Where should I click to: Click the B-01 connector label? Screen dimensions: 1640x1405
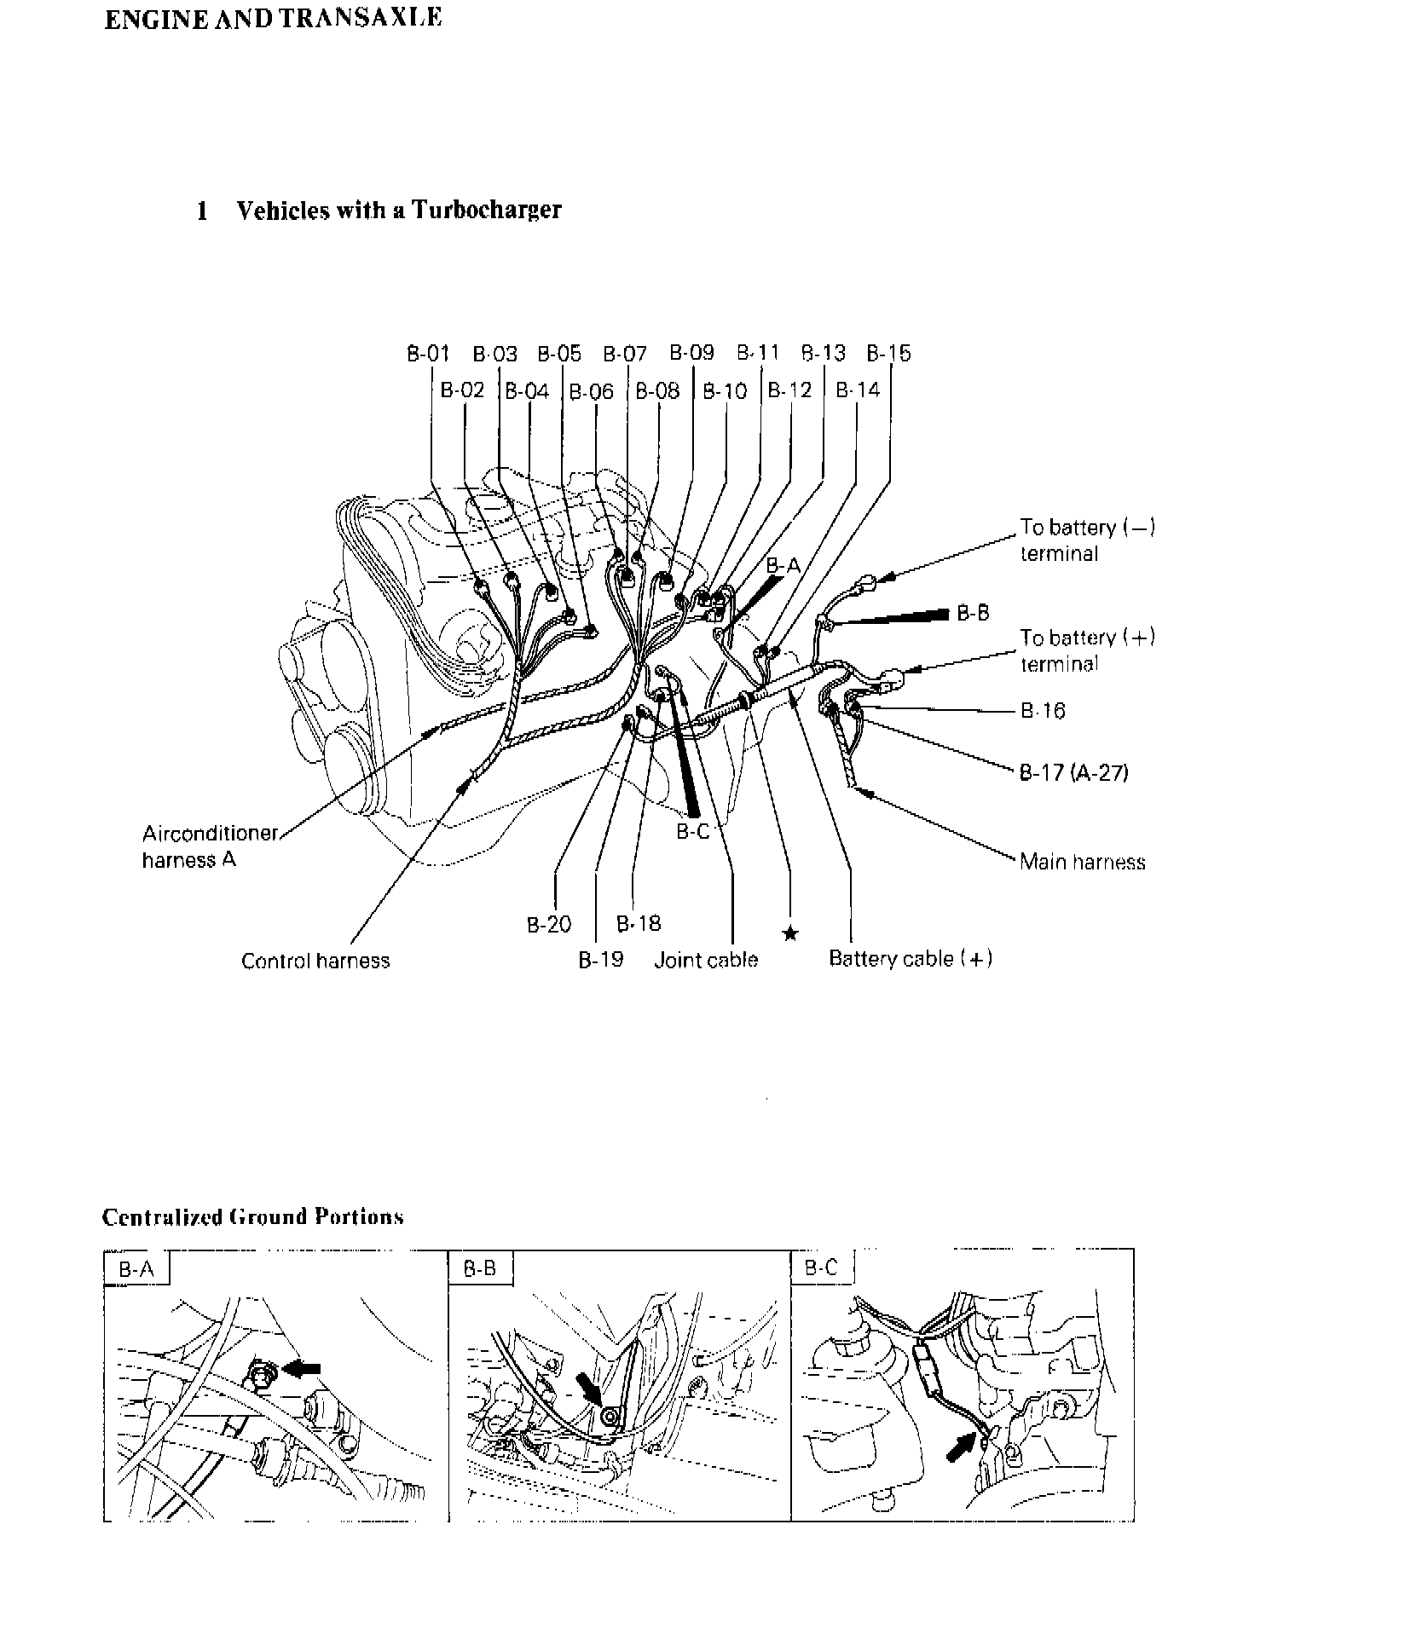(x=427, y=354)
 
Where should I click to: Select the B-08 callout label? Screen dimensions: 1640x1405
(x=657, y=391)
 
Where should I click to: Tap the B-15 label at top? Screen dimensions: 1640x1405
(x=888, y=354)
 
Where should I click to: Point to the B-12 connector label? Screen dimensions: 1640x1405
(x=789, y=391)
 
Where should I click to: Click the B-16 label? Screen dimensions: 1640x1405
(x=1043, y=711)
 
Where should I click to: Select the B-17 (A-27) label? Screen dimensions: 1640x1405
(x=1074, y=773)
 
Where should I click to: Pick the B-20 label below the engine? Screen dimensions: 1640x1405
(x=548, y=925)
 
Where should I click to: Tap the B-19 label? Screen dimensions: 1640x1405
(x=601, y=960)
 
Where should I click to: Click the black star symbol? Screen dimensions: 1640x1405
(x=790, y=933)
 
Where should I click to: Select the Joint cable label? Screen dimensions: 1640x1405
(x=706, y=960)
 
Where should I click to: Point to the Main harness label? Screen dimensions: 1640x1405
(x=1082, y=862)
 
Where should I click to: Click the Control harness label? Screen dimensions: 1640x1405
(x=315, y=961)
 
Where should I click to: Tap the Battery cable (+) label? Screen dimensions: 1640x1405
(x=911, y=959)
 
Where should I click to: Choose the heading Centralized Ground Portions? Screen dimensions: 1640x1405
(x=252, y=1216)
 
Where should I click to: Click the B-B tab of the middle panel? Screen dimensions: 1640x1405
(x=480, y=1268)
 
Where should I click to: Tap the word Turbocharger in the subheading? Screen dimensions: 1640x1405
(x=487, y=210)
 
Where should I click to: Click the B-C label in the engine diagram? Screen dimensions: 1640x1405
(x=692, y=832)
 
